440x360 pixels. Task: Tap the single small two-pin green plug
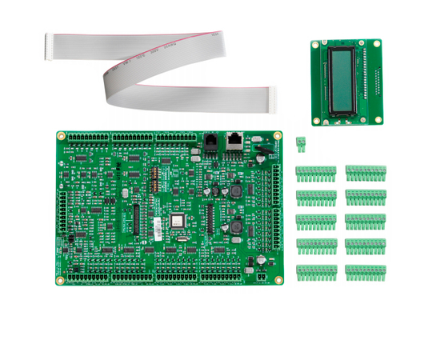301,144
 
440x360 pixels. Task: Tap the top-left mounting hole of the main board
62,136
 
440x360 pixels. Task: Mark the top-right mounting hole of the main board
277,136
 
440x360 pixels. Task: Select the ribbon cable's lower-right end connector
274,98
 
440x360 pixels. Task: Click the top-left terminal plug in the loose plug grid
315,173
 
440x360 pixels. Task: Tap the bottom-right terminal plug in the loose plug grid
366,272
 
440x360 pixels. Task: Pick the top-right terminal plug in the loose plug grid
366,173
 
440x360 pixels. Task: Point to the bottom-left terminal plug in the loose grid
315,272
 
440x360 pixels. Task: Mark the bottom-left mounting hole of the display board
317,121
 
